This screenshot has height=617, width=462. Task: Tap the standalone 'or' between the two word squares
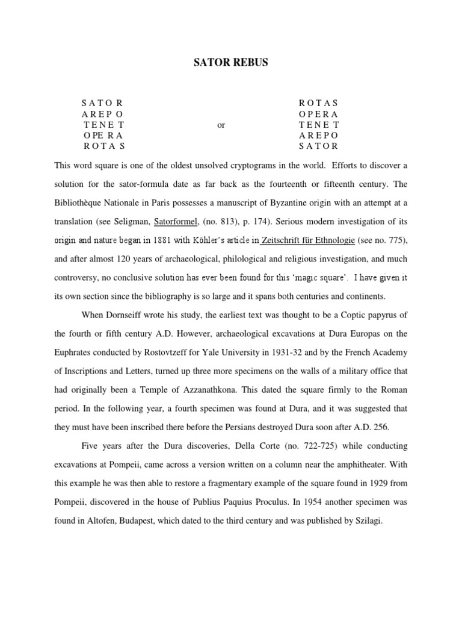pos(221,125)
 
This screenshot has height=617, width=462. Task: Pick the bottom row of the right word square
pos(319,146)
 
